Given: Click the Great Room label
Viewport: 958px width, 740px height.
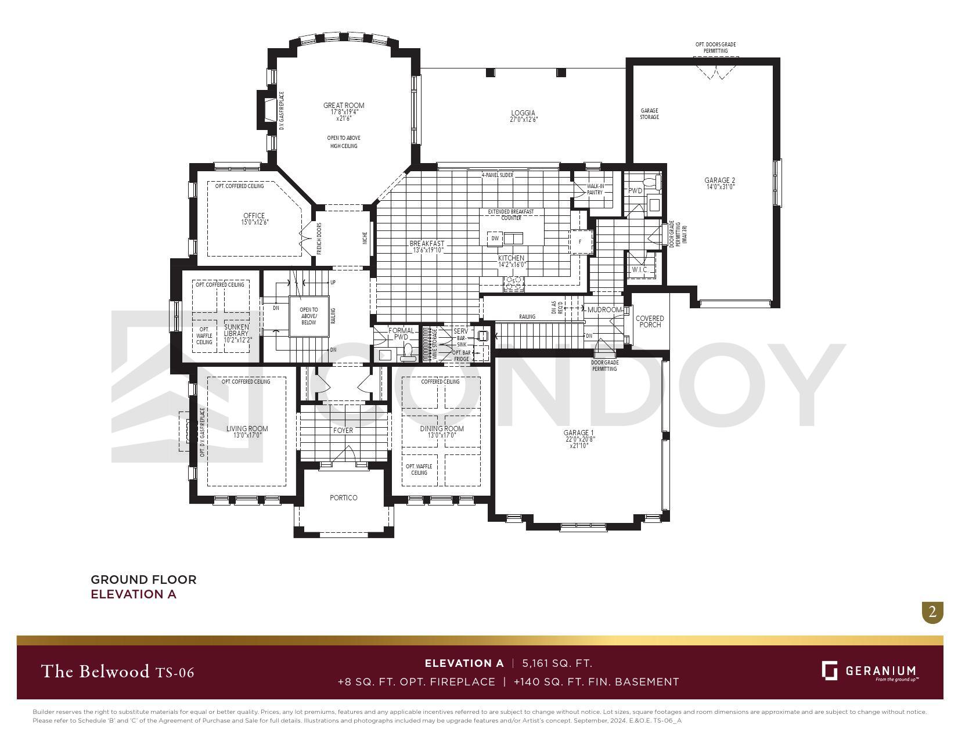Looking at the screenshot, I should pos(344,106).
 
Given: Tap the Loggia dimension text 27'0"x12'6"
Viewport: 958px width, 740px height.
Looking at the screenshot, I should pos(523,120).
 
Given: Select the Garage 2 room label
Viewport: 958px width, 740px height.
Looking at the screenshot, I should pos(719,181).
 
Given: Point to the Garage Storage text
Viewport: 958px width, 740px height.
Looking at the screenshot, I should pos(649,114).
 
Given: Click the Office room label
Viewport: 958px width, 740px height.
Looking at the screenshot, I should pos(254,216).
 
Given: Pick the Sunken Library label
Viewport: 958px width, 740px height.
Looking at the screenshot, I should pos(236,330).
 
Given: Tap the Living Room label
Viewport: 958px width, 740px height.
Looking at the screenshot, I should pos(247,429).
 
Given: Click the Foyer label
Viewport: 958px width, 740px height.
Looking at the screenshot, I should pos(343,430).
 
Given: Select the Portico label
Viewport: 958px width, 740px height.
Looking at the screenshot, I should pos(343,497).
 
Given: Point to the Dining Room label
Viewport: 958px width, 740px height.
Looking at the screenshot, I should pos(442,429).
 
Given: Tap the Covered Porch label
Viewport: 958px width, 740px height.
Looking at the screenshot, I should pos(650,322).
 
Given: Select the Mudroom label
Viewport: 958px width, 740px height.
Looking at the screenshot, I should pos(604,310).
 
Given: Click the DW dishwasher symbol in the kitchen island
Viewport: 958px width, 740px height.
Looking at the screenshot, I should pos(495,239).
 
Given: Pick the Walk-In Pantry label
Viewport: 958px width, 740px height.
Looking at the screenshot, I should pos(595,189).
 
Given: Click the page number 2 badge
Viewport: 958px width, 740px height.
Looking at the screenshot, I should pos(932,612).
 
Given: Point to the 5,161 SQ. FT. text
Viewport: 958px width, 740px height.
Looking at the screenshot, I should pos(557,663).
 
